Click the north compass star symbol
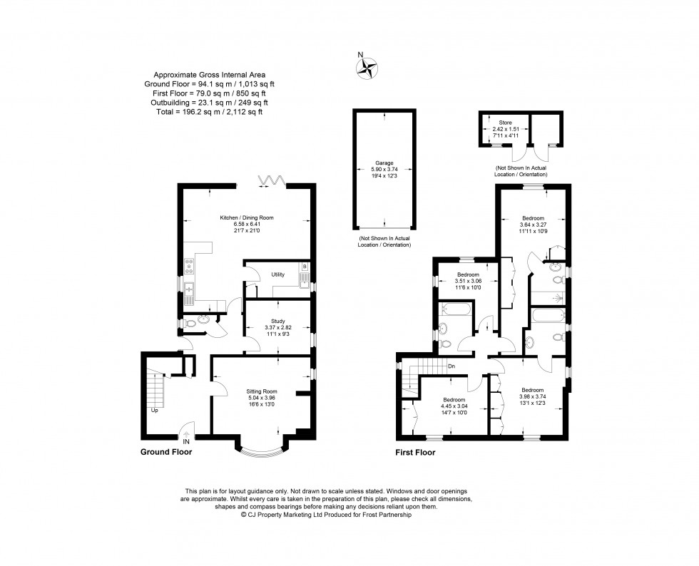point(368,67)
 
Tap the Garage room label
point(385,163)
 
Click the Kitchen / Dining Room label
point(247,217)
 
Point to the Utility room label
point(277,274)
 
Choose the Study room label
point(277,321)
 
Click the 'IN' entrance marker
point(186,441)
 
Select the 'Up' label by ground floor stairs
point(154,411)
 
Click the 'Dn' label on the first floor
point(451,367)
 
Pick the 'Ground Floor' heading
point(166,451)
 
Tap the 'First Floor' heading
point(415,452)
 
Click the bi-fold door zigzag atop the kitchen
point(271,180)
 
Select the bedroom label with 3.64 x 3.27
point(533,217)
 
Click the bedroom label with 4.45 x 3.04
point(454,400)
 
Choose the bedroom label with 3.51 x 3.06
point(468,274)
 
